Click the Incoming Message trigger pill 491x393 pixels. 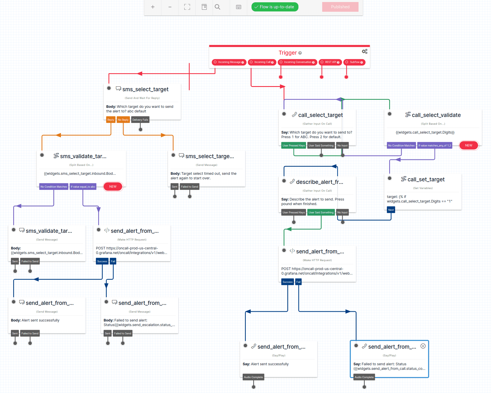pos(229,62)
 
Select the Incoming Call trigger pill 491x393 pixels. pos(262,62)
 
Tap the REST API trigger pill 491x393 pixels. pos(330,62)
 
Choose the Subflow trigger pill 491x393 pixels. pos(354,62)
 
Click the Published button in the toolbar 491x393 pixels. pos(340,7)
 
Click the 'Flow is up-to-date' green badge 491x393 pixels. pos(275,7)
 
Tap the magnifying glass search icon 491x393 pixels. pos(217,7)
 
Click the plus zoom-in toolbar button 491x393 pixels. pos(153,7)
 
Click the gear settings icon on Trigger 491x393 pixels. pos(365,51)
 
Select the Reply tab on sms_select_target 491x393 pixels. pos(110,120)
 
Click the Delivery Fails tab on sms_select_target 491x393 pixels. pos(140,120)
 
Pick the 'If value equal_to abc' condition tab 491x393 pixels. pos(83,187)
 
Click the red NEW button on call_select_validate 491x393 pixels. pos(468,146)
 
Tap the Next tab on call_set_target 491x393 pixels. pos(391,210)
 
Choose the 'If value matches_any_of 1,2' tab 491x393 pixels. pos(434,146)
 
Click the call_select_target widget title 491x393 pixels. pos(320,115)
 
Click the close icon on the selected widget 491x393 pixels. pos(423,346)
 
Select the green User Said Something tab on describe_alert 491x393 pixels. pos(321,213)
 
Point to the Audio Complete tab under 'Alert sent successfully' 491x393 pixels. pos(253,377)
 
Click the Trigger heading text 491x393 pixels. pos(288,53)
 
